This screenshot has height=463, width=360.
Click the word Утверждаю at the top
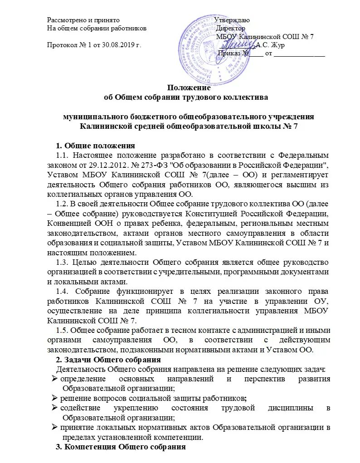[232, 20]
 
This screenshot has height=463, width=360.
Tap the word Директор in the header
[231, 28]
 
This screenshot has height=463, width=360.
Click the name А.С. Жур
[270, 45]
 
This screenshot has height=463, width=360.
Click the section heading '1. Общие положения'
[95, 146]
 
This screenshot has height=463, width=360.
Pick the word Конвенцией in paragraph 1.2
[66, 224]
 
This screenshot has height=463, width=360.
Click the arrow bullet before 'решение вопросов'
[53, 398]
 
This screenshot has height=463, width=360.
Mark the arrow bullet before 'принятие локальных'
[53, 428]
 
